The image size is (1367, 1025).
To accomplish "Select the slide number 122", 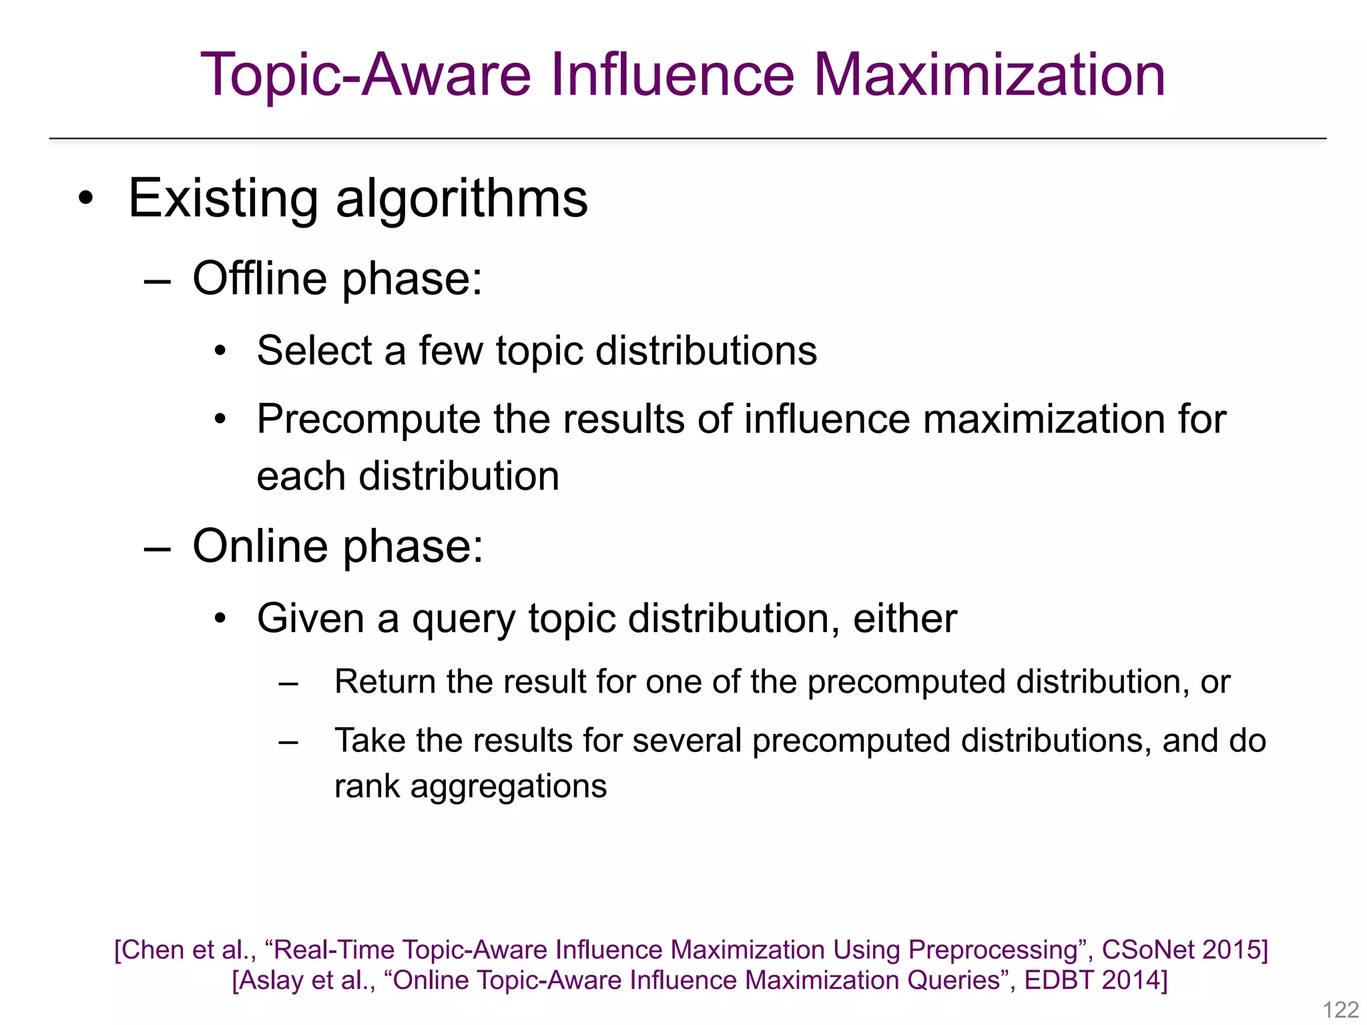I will coord(1340,1009).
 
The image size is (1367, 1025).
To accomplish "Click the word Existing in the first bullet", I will coord(223,198).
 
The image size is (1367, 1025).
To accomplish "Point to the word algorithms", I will coord(462,200).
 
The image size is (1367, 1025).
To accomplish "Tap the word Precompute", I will coord(368,420).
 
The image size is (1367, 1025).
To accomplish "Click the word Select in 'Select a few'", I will coord(314,350).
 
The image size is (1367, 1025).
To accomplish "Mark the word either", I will coord(904,618).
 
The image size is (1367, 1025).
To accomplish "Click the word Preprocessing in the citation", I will coord(993,950).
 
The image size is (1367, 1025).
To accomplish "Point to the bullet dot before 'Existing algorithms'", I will coord(85,198).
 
